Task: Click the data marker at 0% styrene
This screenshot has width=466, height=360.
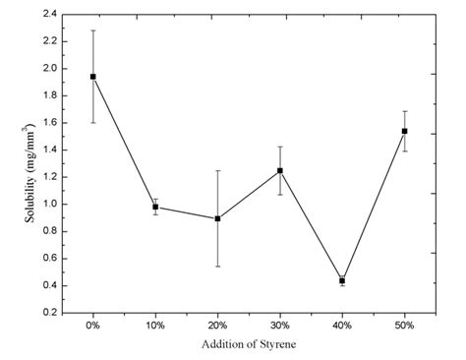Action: pos(93,77)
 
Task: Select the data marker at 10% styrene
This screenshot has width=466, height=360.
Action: pos(155,207)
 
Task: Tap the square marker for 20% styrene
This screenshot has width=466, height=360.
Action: pos(217,218)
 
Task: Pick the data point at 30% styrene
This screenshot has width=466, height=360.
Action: pos(280,170)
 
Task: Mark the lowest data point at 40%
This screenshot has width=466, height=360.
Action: pos(342,280)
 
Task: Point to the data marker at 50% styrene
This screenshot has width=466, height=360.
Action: pos(404,131)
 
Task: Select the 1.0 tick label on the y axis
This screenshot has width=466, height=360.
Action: pos(49,205)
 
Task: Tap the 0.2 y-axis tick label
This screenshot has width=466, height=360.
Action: pos(49,313)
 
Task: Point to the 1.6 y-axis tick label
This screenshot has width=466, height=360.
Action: pos(49,123)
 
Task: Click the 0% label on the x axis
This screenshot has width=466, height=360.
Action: pos(93,325)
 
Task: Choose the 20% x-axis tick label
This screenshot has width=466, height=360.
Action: pos(217,325)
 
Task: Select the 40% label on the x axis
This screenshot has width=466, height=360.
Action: pos(342,325)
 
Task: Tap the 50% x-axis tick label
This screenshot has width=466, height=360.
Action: pos(404,325)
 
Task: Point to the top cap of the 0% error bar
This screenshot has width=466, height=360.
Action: pos(93,30)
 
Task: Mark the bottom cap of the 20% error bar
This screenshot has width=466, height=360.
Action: pos(217,266)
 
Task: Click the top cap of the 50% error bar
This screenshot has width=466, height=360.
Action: pos(404,111)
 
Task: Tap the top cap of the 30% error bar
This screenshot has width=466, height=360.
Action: pos(280,147)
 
